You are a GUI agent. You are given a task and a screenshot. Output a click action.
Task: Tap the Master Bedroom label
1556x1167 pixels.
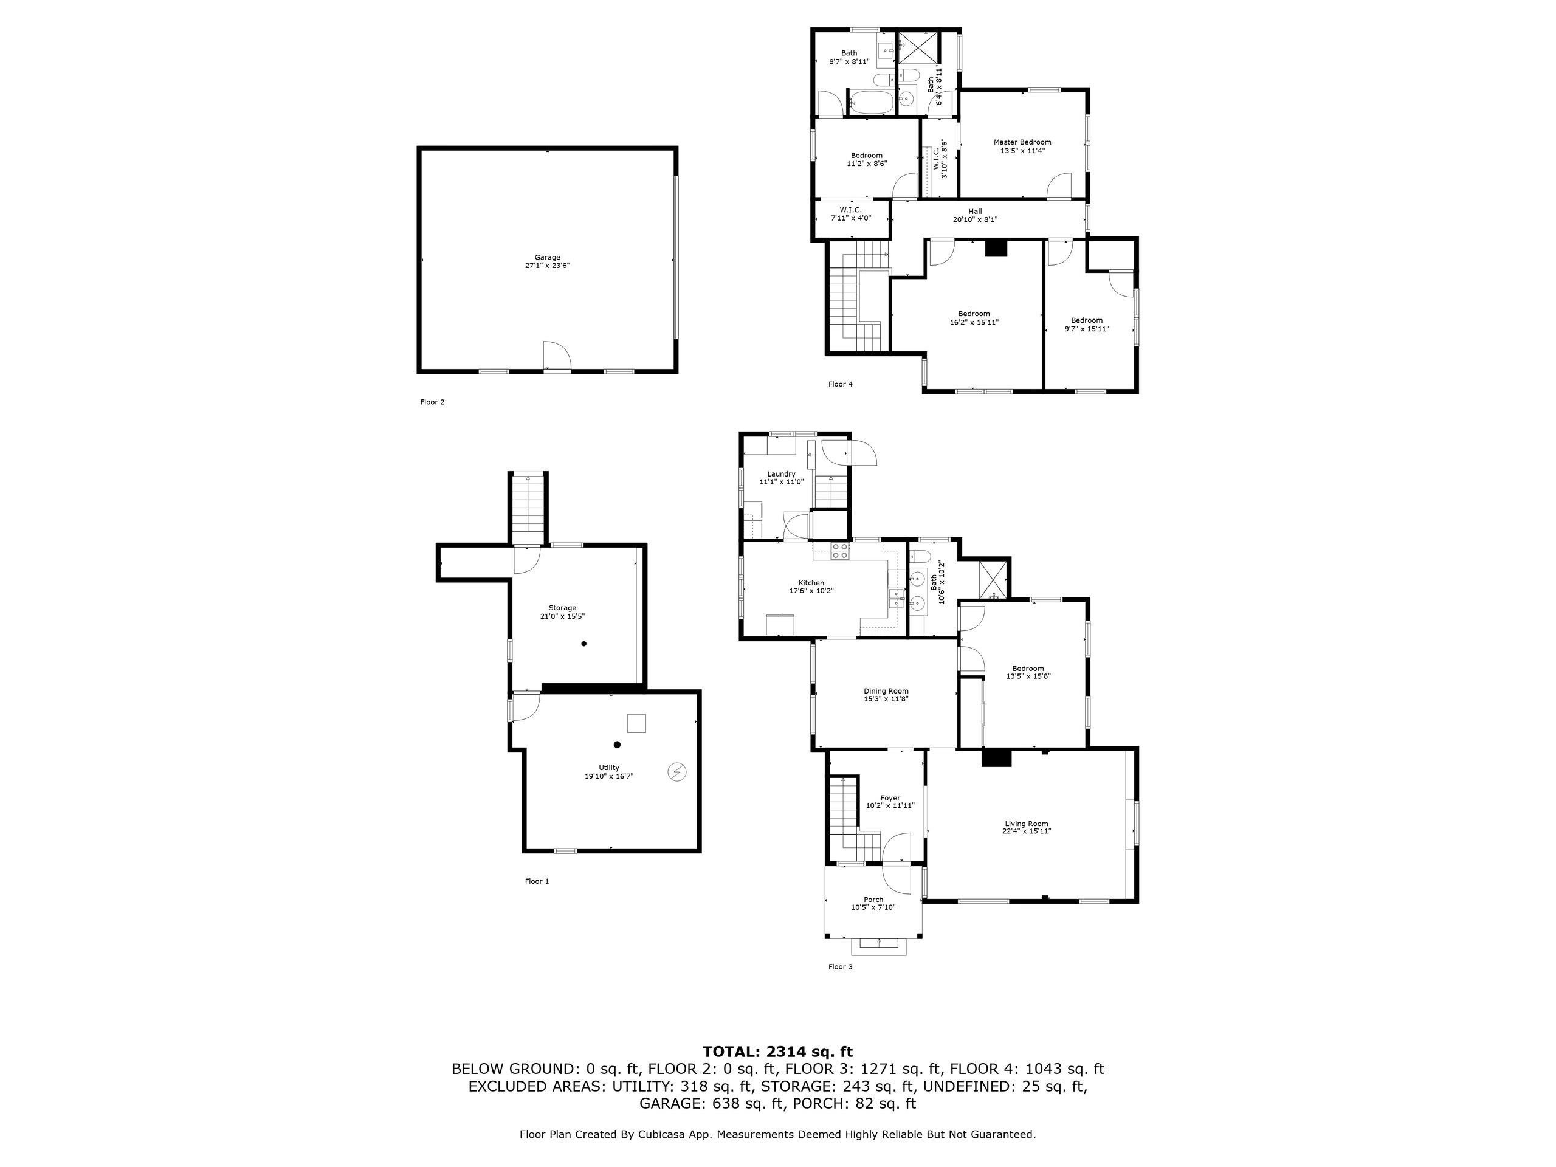point(1022,142)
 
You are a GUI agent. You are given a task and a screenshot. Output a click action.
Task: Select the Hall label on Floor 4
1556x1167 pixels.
point(975,211)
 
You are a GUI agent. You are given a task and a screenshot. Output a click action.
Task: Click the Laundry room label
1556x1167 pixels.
point(781,474)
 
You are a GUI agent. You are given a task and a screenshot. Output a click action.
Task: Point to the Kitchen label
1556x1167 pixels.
point(811,583)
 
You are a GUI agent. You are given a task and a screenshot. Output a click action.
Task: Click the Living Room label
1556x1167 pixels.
point(1027,824)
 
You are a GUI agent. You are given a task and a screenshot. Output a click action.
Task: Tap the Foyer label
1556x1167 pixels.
point(890,799)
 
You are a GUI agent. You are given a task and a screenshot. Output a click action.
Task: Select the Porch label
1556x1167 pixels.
point(873,900)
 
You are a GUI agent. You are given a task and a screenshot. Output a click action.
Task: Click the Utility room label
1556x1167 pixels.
point(609,768)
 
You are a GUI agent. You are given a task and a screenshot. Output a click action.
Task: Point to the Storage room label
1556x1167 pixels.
point(562,608)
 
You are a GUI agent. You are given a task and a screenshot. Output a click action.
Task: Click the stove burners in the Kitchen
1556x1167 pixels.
point(839,551)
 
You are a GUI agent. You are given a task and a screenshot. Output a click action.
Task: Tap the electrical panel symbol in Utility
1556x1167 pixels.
point(676,773)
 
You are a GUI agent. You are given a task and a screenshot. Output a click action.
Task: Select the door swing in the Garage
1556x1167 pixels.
point(556,356)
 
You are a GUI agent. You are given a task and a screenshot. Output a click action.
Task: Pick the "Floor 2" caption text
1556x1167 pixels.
point(432,402)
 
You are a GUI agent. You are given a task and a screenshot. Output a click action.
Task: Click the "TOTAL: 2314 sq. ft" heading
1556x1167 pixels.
point(777,1052)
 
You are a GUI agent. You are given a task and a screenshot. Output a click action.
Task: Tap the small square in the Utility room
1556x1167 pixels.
point(636,724)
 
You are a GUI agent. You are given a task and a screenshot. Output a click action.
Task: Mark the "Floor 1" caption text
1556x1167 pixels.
point(537,881)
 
